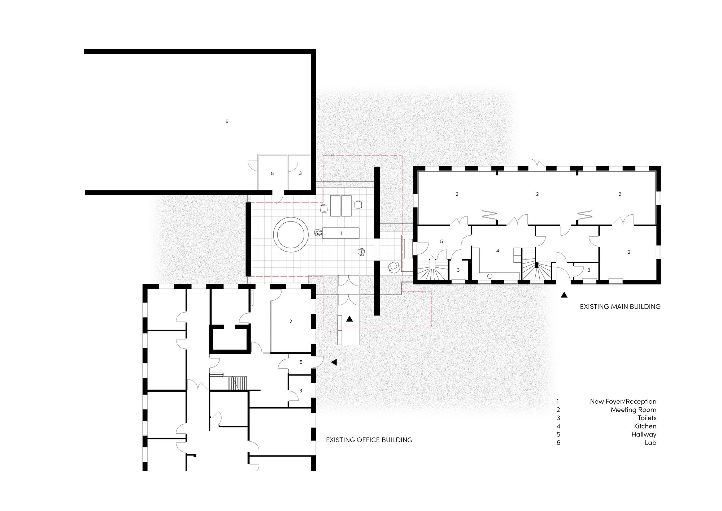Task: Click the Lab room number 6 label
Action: (227, 121)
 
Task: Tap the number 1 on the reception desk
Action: (341, 233)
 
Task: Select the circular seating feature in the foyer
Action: (291, 235)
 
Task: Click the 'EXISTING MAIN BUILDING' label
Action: (620, 306)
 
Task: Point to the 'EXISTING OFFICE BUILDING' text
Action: (369, 440)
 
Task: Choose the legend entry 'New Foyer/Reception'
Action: (623, 401)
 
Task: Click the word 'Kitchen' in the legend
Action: (645, 426)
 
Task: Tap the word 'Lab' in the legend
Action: (651, 443)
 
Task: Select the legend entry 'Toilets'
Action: (647, 418)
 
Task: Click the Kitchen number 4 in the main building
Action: (497, 251)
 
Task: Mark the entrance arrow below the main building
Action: (564, 295)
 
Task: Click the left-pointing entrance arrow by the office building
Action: (334, 362)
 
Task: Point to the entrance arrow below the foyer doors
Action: (349, 319)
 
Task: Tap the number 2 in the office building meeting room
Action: (291, 321)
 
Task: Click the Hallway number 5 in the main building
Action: (442, 241)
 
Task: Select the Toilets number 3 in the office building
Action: (301, 391)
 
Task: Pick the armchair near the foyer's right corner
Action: (394, 267)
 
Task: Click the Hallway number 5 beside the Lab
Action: (272, 174)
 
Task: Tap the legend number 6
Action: (558, 443)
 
